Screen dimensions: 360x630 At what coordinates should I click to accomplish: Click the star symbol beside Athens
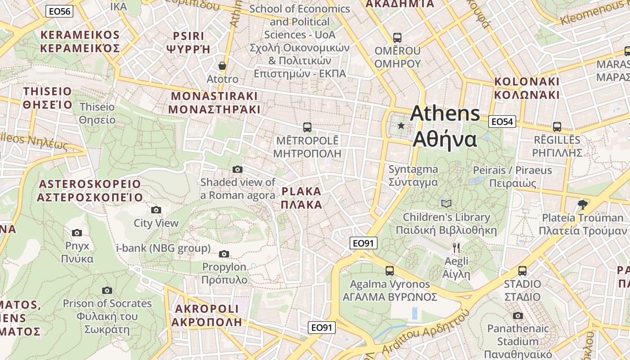[x=401, y=126]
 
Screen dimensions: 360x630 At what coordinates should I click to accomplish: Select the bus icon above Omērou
[x=397, y=38]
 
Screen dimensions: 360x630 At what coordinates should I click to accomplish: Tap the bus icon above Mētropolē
[x=307, y=127]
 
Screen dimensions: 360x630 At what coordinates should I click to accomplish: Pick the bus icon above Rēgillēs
[x=557, y=127]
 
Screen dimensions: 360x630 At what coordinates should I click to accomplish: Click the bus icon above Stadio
[x=522, y=271]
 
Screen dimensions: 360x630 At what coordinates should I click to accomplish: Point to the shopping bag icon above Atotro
[x=222, y=66]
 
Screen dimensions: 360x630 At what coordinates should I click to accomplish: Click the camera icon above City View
[x=156, y=210]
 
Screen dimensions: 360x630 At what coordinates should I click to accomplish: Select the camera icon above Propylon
[x=224, y=254]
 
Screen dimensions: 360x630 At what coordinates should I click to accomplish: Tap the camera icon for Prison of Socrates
[x=107, y=290]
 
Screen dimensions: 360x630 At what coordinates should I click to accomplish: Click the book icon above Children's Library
[x=446, y=203]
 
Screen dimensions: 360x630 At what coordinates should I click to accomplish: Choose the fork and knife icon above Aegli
[x=456, y=247]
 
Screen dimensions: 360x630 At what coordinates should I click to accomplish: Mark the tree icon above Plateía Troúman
[x=582, y=205]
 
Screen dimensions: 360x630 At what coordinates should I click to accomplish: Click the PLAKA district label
[x=301, y=198]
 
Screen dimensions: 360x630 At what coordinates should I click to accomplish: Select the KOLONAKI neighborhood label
[x=526, y=88]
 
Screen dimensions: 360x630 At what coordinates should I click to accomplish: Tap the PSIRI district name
[x=189, y=42]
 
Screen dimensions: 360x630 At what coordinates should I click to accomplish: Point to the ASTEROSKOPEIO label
[x=90, y=191]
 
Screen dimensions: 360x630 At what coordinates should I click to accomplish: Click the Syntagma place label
[x=413, y=175]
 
